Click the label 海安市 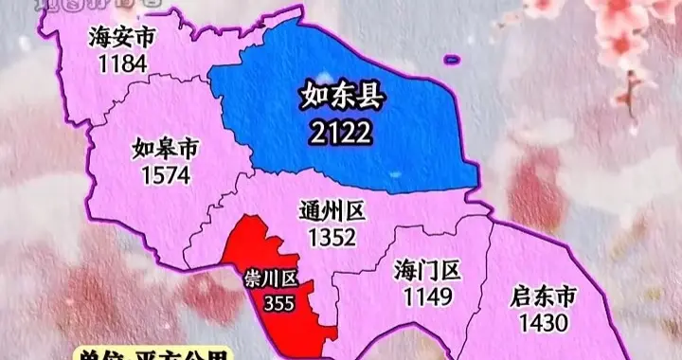[x=120, y=37]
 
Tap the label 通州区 [x=332, y=210]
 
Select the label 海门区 [x=426, y=272]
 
